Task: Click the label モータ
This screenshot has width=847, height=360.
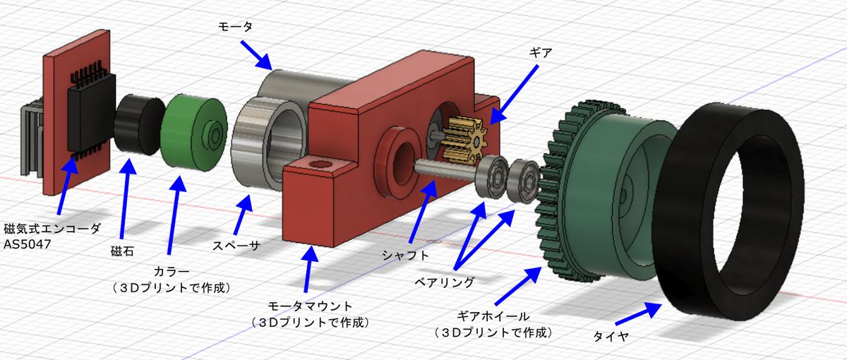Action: point(233,26)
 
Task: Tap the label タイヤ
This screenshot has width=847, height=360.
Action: point(611,338)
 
